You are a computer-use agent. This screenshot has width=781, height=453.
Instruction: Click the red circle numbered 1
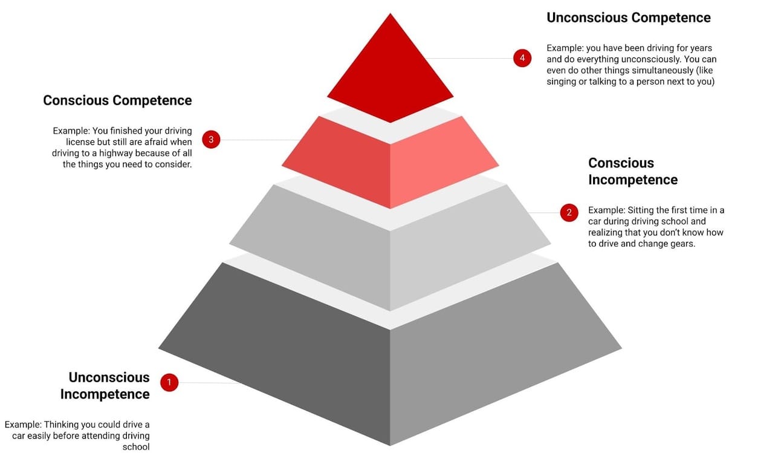(x=169, y=382)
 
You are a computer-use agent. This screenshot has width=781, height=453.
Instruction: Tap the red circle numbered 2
(x=569, y=212)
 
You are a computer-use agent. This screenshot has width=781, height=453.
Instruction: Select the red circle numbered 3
(x=211, y=140)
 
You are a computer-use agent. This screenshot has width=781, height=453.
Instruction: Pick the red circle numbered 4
(x=522, y=58)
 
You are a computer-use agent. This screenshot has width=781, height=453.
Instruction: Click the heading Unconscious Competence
(x=629, y=18)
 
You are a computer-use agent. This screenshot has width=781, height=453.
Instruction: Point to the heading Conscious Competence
(x=117, y=100)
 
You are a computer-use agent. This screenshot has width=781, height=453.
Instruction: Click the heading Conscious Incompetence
(x=632, y=171)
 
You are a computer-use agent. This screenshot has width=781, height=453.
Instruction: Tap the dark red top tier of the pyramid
(x=390, y=73)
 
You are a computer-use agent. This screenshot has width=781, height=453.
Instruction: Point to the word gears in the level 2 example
(x=683, y=244)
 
